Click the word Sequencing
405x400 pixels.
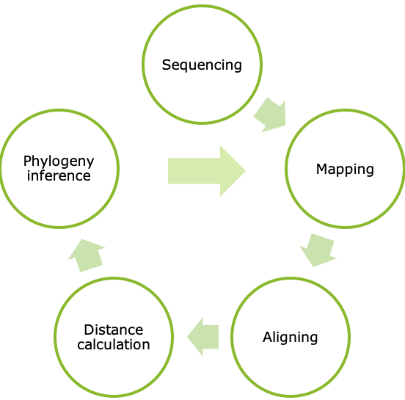tap(202, 65)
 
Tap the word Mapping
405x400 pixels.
tap(345, 170)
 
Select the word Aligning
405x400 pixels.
tap(290, 338)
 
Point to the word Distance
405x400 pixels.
tap(114, 330)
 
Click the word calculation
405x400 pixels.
tap(114, 344)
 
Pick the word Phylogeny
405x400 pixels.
tap(59, 161)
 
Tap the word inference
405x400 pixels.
tap(59, 176)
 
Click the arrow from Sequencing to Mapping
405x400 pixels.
tap(270, 115)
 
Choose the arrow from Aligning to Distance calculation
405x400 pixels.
tap(203, 338)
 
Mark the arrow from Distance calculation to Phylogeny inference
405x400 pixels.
tap(87, 254)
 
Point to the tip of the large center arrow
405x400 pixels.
tap(244, 170)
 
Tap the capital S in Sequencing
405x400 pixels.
tap(167, 65)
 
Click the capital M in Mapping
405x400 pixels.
tap(321, 170)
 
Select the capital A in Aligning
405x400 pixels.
tap(267, 338)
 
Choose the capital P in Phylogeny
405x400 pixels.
tap(27, 161)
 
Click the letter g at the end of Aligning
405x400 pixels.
tap(313, 339)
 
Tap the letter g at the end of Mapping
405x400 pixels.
tap(369, 171)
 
